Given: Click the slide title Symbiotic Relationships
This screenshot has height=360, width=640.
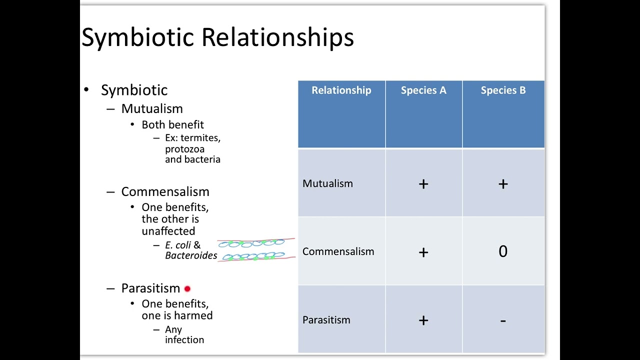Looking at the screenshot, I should pyautogui.click(x=217, y=37).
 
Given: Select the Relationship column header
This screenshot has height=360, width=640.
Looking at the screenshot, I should pyautogui.click(x=341, y=90).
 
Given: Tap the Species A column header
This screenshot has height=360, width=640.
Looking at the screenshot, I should pyautogui.click(x=423, y=90).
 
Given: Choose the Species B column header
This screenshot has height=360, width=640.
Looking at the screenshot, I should pyautogui.click(x=503, y=90).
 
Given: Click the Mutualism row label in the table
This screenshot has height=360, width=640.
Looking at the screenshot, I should pyautogui.click(x=327, y=183).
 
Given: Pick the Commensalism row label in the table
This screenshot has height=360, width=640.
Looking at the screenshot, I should pyautogui.click(x=338, y=251).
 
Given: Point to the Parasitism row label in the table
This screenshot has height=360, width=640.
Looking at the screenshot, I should pyautogui.click(x=326, y=320).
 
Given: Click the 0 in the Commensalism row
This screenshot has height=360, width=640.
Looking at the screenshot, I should pyautogui.click(x=503, y=251).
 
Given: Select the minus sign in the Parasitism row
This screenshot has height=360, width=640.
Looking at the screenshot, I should pyautogui.click(x=503, y=320).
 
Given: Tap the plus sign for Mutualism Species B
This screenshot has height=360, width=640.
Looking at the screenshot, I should pyautogui.click(x=503, y=184).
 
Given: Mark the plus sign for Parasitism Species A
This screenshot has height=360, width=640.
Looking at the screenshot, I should pyautogui.click(x=423, y=320).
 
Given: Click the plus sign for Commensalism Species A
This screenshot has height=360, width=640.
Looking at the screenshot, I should pyautogui.click(x=423, y=252).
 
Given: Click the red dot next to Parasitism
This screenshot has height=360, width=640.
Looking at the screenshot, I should pyautogui.click(x=187, y=289).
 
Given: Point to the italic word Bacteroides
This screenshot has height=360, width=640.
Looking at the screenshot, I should pyautogui.click(x=191, y=256).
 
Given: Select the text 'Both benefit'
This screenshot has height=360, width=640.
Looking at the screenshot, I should pyautogui.click(x=172, y=124).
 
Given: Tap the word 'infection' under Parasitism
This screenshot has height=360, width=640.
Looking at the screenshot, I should pyautogui.click(x=184, y=340).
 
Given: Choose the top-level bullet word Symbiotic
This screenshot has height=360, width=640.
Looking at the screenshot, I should pyautogui.click(x=134, y=90).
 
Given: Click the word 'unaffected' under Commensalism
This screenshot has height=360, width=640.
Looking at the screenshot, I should pyautogui.click(x=168, y=231).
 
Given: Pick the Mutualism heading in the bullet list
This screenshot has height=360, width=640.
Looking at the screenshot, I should pyautogui.click(x=152, y=108).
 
